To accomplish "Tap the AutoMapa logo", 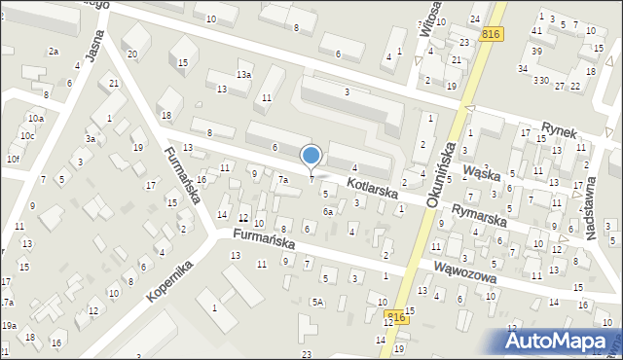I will [561, 340].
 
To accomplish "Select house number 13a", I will [243, 74].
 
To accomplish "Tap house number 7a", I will [283, 180].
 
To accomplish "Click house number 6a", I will [329, 211].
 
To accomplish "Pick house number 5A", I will [317, 302].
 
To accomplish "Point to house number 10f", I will [13, 159].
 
